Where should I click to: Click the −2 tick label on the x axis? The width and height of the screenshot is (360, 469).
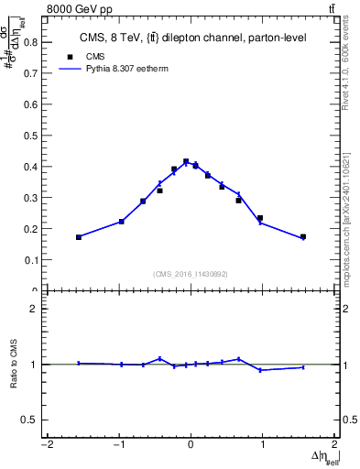pos(46,445)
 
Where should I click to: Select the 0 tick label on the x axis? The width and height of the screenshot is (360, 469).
pos(191,445)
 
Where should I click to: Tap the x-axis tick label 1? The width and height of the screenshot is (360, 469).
pos(263,445)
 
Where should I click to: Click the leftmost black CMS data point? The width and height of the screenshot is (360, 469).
pos(79,237)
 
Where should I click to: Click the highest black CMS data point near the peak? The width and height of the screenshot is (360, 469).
pos(186,161)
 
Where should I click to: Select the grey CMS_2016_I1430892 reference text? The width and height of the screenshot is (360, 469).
pos(191,274)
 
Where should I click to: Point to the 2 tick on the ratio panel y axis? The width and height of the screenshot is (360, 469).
pos(38,309)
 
